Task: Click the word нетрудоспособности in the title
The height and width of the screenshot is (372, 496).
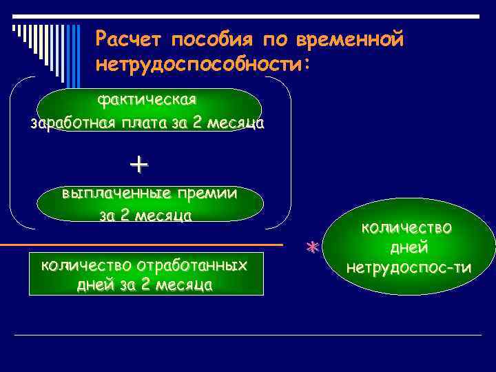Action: (x=199, y=64)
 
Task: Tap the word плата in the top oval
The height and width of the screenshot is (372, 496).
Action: (x=143, y=125)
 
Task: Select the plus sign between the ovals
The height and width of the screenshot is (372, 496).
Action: (x=138, y=165)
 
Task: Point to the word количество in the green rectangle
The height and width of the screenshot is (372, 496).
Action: (x=87, y=265)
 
